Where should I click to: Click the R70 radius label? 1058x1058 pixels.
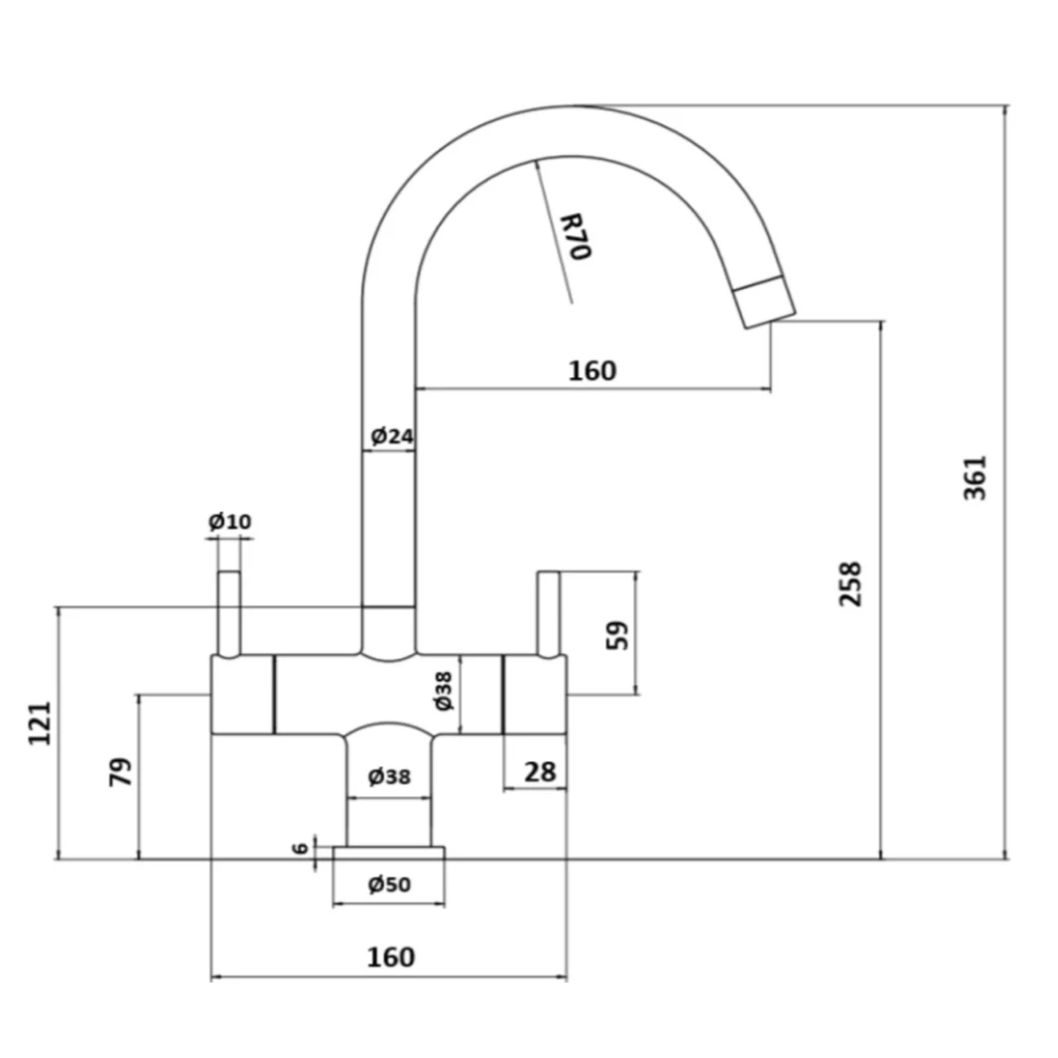(575, 236)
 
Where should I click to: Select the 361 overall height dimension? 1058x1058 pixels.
(976, 477)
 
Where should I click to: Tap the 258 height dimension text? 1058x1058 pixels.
(851, 585)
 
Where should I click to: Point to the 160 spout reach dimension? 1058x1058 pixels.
(592, 370)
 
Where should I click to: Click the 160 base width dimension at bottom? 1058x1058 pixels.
(390, 957)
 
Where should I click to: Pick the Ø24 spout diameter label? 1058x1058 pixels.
(391, 436)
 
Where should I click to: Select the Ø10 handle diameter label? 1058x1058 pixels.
(229, 521)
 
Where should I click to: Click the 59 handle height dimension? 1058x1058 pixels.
(617, 635)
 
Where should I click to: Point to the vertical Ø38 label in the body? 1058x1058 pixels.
(444, 691)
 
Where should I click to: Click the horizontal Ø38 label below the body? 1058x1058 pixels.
(389, 776)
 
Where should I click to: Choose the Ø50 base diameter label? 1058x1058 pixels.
(389, 884)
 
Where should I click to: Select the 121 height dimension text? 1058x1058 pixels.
(39, 725)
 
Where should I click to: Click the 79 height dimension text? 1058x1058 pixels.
(119, 772)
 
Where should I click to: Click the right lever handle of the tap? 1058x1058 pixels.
(548, 613)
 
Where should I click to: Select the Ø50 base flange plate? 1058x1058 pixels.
(389, 853)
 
